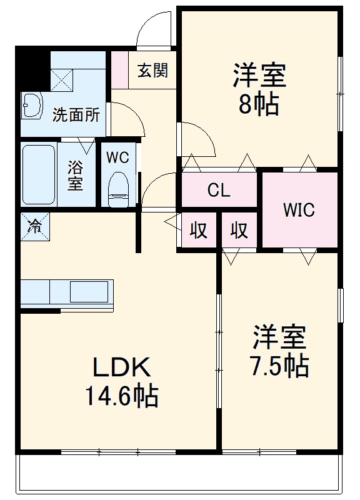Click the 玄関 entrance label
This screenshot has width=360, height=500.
(152, 70)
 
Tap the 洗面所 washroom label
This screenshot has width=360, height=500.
(76, 114)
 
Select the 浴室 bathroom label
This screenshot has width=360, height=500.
(75, 176)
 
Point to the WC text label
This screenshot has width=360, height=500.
(117, 157)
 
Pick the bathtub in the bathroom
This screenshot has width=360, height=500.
(39, 175)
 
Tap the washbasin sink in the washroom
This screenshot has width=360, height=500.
(31, 106)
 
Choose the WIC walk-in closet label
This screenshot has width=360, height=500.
(299, 210)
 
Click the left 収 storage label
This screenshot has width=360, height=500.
(199, 231)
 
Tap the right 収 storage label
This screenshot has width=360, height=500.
(239, 231)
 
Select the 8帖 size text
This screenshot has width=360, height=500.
(258, 105)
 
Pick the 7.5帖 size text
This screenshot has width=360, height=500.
(279, 366)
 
